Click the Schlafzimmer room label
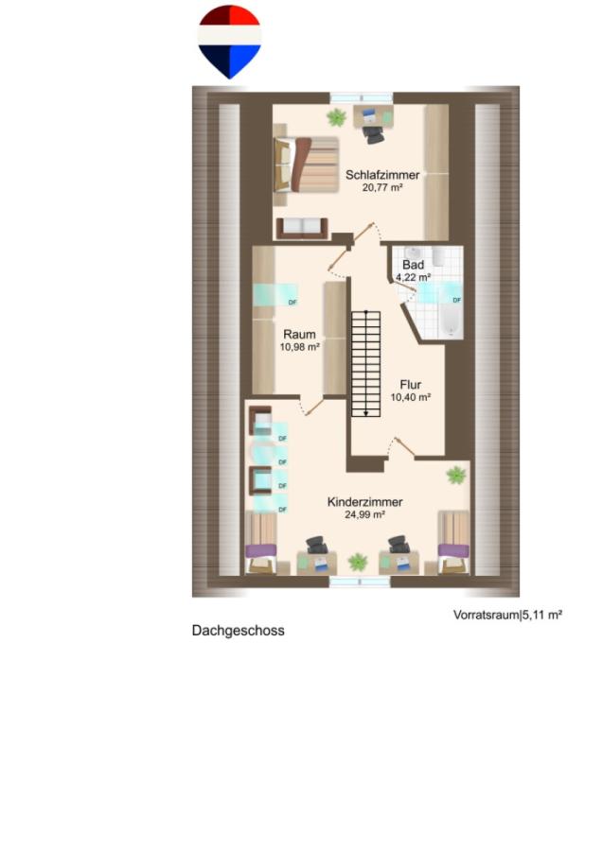[x=382, y=175]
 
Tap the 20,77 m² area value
[x=382, y=188]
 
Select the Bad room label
[x=413, y=265]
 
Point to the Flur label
[x=410, y=385]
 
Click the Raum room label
[x=299, y=335]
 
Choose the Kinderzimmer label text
[x=364, y=502]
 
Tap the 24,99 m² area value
[x=364, y=514]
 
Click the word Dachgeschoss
[x=238, y=631]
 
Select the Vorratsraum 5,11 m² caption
[x=507, y=615]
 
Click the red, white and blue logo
[x=229, y=42]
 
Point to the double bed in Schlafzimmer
[x=306, y=164]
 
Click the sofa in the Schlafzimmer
[x=302, y=229]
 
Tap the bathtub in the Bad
[x=451, y=321]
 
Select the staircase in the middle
[x=365, y=364]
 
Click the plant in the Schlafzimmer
[x=336, y=116]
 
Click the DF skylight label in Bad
[x=456, y=300]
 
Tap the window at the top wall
[x=362, y=97]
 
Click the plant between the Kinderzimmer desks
[x=358, y=562]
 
